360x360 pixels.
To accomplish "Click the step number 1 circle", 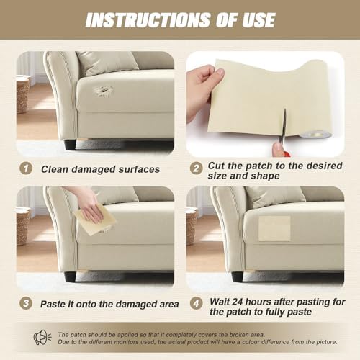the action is (26, 168).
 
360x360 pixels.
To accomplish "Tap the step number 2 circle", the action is (197, 168).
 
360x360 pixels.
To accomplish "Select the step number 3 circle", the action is (26, 303).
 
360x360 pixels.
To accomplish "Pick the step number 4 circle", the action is (197, 303).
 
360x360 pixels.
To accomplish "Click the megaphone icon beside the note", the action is (42, 338).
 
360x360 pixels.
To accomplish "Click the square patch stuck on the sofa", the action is (274, 228).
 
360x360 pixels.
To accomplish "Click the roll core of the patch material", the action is (315, 135).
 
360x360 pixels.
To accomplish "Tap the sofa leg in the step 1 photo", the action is (70, 144).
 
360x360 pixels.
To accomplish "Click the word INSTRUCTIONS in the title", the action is (148, 20).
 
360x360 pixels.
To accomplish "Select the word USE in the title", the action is (258, 20).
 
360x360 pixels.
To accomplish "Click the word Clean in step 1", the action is (55, 169).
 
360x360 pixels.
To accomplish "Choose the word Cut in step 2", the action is (216, 166).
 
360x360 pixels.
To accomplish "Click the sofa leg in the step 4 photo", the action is (238, 277).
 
